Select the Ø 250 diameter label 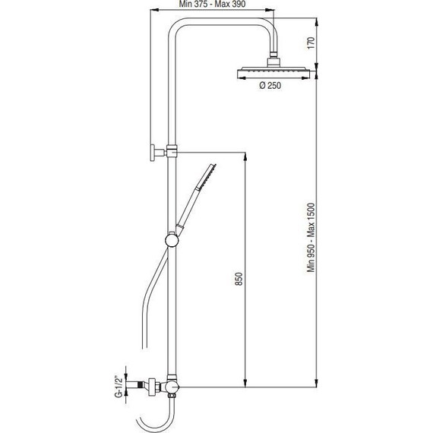pyautogui.click(x=271, y=86)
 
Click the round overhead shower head pyautogui.click(x=270, y=71)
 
